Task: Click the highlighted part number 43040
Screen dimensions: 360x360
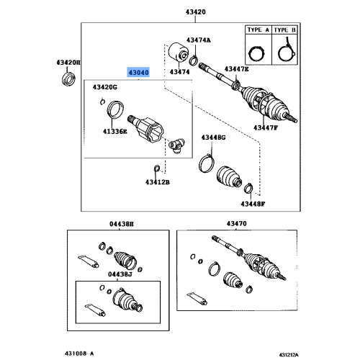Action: pyautogui.click(x=139, y=73)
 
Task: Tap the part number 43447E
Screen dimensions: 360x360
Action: pyautogui.click(x=235, y=68)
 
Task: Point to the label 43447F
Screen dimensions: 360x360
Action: pyautogui.click(x=265, y=127)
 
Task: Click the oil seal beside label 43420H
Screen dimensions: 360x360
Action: pyautogui.click(x=69, y=77)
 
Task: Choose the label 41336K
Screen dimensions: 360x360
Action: pyautogui.click(x=114, y=132)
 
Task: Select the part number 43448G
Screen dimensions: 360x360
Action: pyautogui.click(x=213, y=137)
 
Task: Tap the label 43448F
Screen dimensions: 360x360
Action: pyautogui.click(x=253, y=204)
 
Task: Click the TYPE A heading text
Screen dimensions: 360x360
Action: pyautogui.click(x=256, y=32)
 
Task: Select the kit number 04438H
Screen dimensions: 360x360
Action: pyautogui.click(x=120, y=225)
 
